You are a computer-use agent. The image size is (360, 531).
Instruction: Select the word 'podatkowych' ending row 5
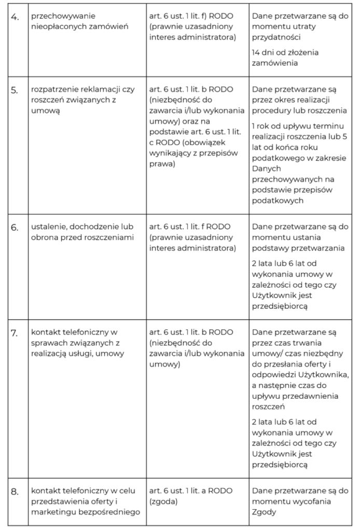[x=275, y=200]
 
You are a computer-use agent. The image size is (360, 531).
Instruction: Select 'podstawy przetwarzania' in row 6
[x=297, y=248]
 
